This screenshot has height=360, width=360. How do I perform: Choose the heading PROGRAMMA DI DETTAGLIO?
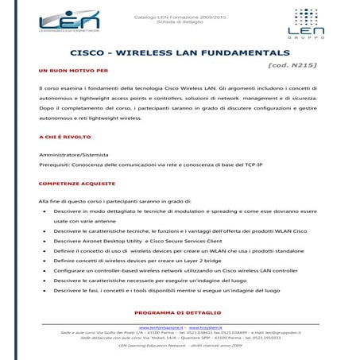[177, 313]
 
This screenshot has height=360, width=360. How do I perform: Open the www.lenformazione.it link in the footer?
[161, 327]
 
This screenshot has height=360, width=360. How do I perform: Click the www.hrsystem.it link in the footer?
[205, 327]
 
